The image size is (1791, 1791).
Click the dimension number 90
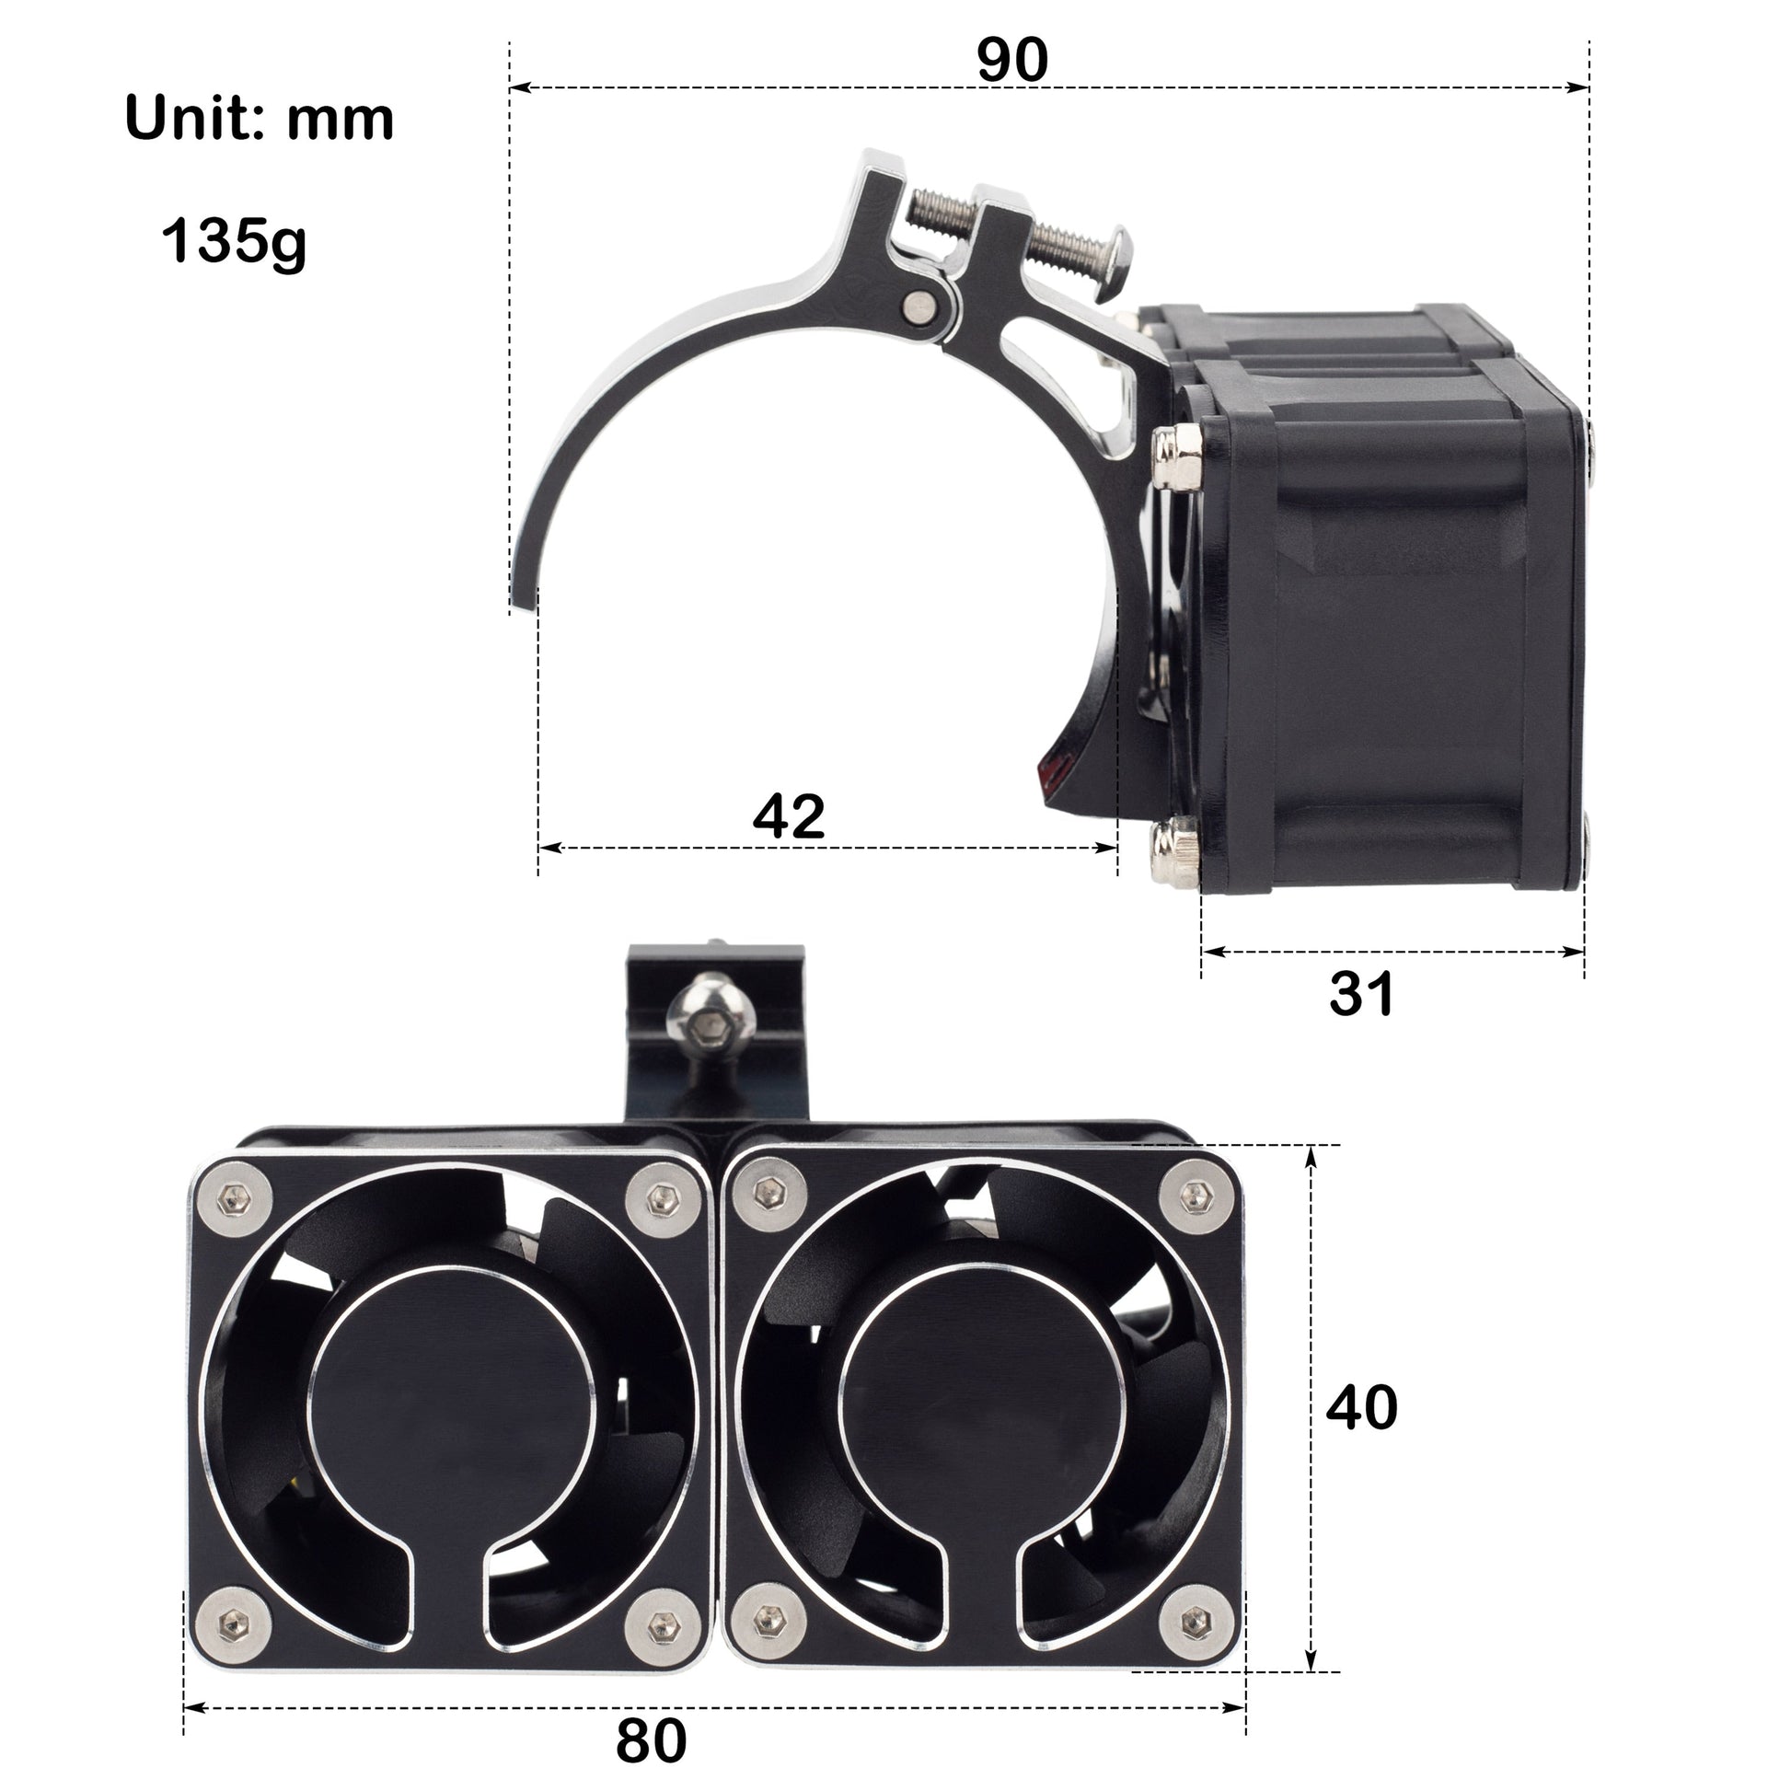tap(1012, 60)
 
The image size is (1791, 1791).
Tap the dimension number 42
tap(788, 816)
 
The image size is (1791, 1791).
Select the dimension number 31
tap(1361, 995)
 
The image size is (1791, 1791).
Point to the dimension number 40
tap(1361, 1407)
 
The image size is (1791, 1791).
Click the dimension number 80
tap(651, 1741)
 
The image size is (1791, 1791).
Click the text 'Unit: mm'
tap(259, 119)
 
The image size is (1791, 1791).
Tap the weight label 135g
tap(234, 241)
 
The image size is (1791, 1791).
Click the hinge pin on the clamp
tap(919, 306)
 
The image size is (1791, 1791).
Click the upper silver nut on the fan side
tap(1175, 456)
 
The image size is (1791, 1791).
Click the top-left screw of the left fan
tap(232, 1201)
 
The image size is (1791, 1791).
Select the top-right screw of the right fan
tap(1199, 1197)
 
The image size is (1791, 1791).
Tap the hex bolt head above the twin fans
tap(711, 1024)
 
